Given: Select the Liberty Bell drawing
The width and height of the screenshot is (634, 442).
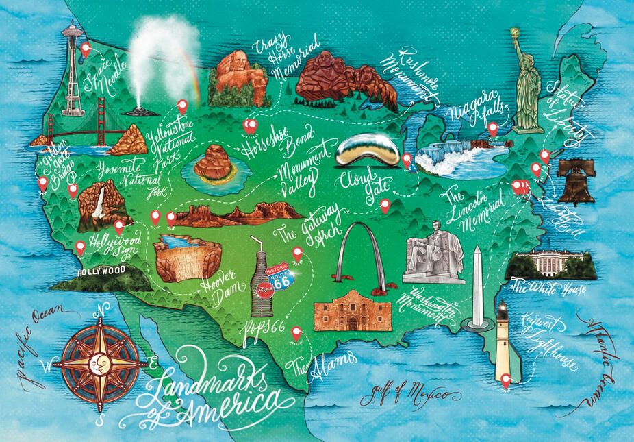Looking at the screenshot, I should click(x=575, y=182).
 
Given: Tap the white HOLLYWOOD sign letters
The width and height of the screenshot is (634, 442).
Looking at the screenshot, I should click(x=102, y=271).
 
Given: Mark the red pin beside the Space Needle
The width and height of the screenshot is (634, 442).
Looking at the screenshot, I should click(x=86, y=49).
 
